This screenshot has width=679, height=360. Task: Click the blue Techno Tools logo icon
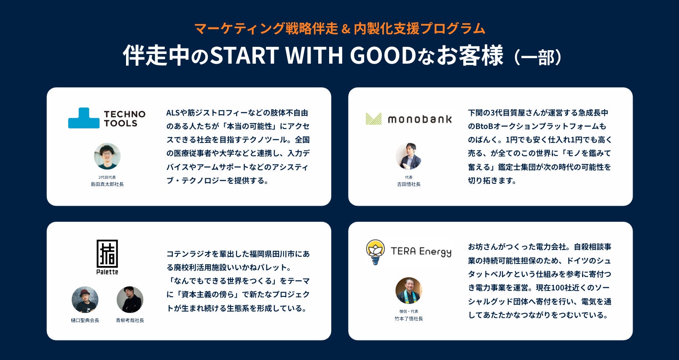pyautogui.click(x=83, y=118)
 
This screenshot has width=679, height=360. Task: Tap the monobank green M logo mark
pyautogui.click(x=374, y=119)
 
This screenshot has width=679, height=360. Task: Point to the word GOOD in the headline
pyautogui.click(x=383, y=55)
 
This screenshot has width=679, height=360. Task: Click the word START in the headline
pyautogui.click(x=244, y=55)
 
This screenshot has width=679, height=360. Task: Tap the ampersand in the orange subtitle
pyautogui.click(x=346, y=29)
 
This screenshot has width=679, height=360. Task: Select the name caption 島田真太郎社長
pyautogui.click(x=107, y=184)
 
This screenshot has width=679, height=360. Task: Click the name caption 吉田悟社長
pyautogui.click(x=408, y=184)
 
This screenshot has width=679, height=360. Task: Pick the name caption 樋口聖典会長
pyautogui.click(x=85, y=320)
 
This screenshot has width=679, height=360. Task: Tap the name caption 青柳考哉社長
pyautogui.click(x=130, y=320)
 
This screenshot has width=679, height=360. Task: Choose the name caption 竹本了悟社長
pyautogui.click(x=408, y=318)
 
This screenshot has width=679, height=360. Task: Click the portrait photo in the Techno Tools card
pyautogui.click(x=107, y=156)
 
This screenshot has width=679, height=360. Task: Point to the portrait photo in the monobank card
pyautogui.click(x=408, y=156)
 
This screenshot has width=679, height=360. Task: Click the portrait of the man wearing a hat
pyautogui.click(x=85, y=300)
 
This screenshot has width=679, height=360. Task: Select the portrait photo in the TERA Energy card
pyautogui.click(x=408, y=290)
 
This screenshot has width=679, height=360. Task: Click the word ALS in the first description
pyautogui.click(x=173, y=113)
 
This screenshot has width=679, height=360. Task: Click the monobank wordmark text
pyautogui.click(x=420, y=119)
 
